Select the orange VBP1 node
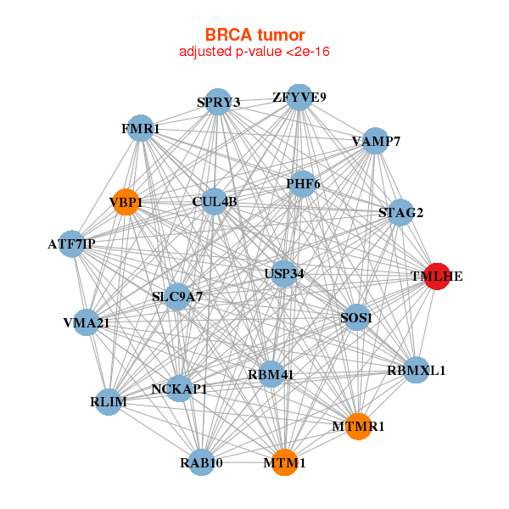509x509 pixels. click(126, 202)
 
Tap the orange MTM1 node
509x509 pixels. click(284, 463)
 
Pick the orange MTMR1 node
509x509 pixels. click(359, 426)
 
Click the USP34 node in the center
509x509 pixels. click(284, 274)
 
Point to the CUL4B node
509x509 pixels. click(215, 202)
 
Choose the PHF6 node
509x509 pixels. click(303, 184)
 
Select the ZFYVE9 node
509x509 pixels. click(299, 98)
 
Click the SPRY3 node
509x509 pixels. click(219, 103)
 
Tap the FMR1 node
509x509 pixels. click(140, 129)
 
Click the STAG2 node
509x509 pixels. click(400, 212)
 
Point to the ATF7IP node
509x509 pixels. click(72, 244)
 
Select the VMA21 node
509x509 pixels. click(86, 322)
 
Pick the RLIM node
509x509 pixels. click(109, 401)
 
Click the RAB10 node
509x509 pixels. click(201, 462)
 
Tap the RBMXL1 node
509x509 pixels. click(416, 370)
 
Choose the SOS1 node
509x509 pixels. click(356, 318)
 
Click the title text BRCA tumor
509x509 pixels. click(255, 35)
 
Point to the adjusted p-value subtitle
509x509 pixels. click(255, 52)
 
